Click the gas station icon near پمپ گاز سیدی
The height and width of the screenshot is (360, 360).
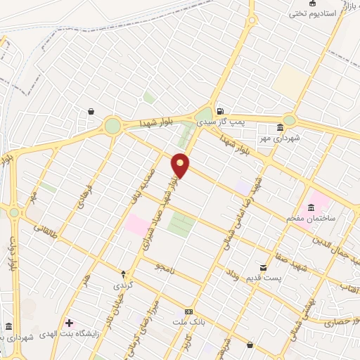221,110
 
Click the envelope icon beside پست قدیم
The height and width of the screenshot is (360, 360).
263,268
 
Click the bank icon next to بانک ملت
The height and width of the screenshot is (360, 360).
188,311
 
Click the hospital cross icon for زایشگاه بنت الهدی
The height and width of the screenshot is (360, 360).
69,323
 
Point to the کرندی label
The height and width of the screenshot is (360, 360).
122,286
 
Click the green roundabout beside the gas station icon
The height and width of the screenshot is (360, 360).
204,117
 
